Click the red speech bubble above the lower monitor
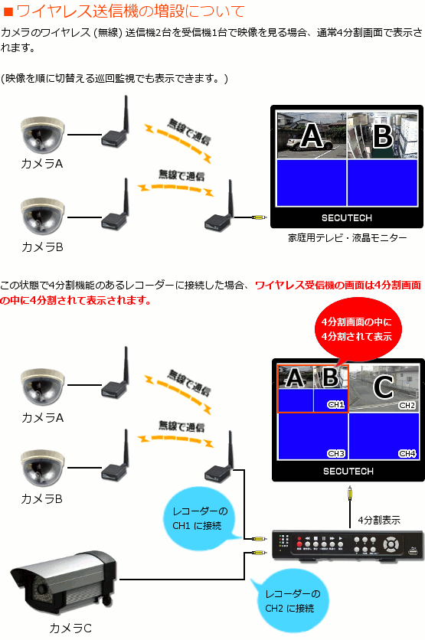(357, 329)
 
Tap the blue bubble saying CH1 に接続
(199, 518)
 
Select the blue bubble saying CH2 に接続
(290, 600)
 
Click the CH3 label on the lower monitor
(336, 453)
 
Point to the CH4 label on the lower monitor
(407, 453)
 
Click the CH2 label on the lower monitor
(407, 405)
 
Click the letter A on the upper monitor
(312, 135)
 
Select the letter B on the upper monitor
(383, 136)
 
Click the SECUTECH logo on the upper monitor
(347, 218)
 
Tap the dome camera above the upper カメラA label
(42, 136)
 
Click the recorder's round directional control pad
(391, 544)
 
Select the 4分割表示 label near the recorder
(379, 520)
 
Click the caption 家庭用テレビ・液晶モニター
(348, 238)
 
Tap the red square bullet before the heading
(8, 11)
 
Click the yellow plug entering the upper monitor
(259, 218)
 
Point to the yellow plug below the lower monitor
(350, 493)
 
